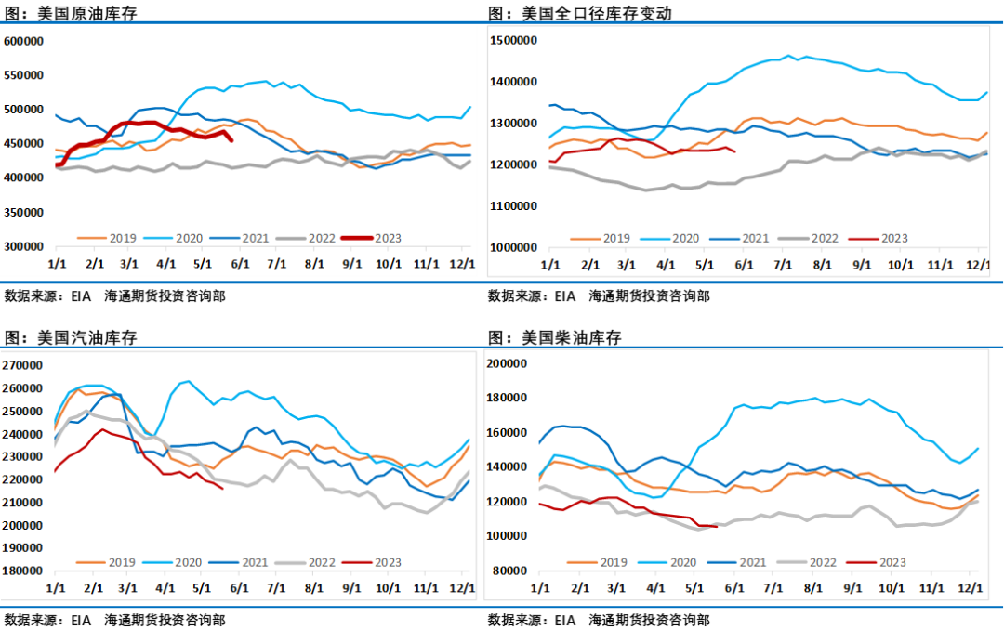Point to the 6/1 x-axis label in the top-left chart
(x=240, y=264)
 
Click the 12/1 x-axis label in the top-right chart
(x=977, y=265)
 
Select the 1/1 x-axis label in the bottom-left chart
(x=56, y=588)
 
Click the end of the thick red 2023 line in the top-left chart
(x=231, y=140)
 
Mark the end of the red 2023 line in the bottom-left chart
(x=222, y=489)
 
